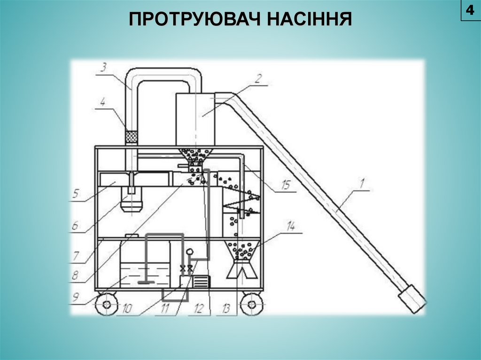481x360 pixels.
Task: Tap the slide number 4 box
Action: pyautogui.click(x=470, y=10)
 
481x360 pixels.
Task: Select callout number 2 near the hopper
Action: pyautogui.click(x=257, y=79)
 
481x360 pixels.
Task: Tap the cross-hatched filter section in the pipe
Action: pyautogui.click(x=132, y=137)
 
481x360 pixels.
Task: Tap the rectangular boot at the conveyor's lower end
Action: pyautogui.click(x=412, y=299)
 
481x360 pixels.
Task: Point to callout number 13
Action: pyautogui.click(x=226, y=309)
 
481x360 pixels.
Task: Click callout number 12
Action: pyautogui.click(x=199, y=309)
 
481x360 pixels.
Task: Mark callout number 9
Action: pyautogui.click(x=75, y=296)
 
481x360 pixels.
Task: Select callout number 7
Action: pyautogui.click(x=76, y=257)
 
